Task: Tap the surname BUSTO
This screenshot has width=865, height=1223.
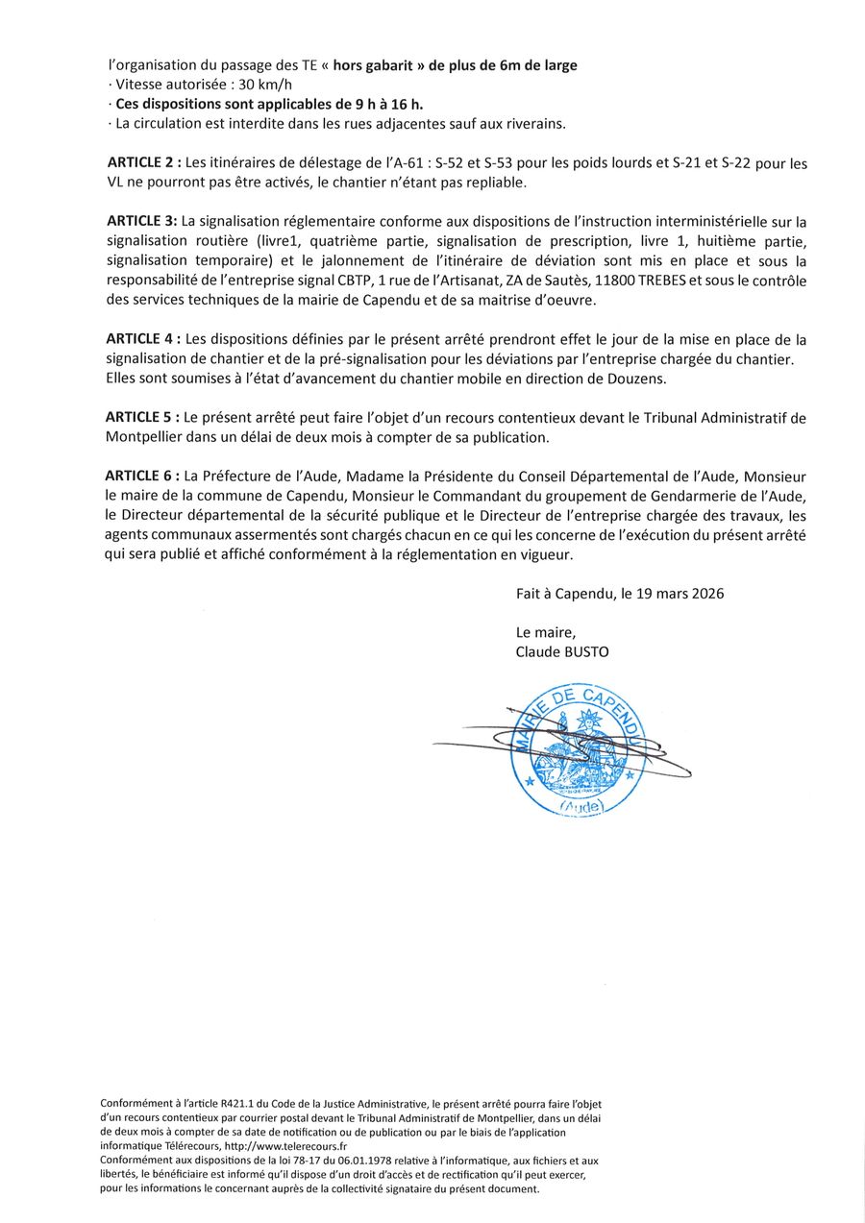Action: click(x=586, y=651)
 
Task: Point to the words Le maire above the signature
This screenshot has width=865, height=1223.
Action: click(x=545, y=632)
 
